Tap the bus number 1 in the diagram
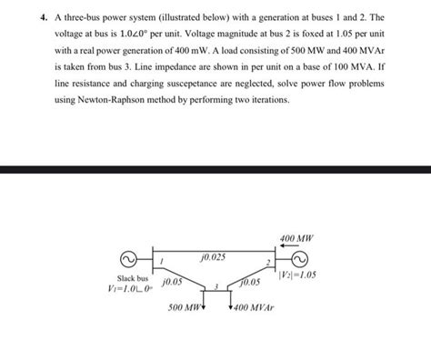point(160,262)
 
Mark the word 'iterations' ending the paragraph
point(267,100)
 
